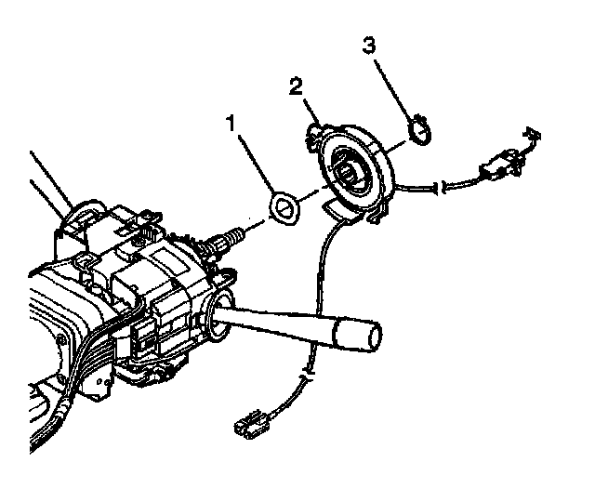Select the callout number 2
295,88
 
